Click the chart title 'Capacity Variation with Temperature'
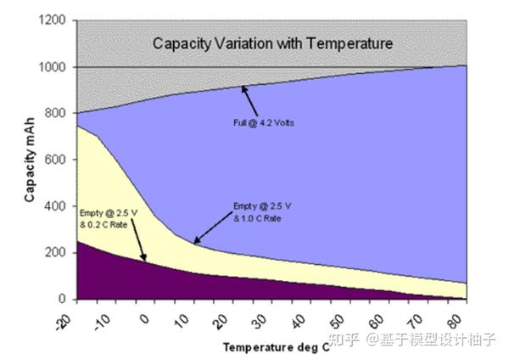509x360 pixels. [272, 42]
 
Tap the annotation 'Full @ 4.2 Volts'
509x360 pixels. [264, 122]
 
